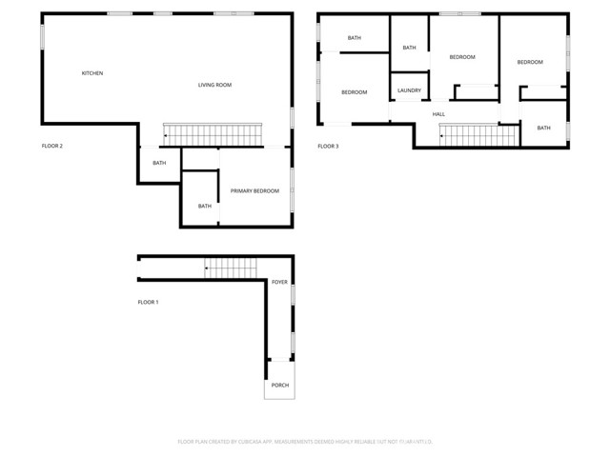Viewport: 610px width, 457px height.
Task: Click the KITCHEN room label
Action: click(92, 73)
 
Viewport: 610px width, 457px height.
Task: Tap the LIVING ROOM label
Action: click(214, 85)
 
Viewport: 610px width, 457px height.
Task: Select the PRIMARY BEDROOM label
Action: click(254, 190)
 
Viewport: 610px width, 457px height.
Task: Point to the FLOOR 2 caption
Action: click(51, 146)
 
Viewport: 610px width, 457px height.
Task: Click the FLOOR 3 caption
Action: click(328, 146)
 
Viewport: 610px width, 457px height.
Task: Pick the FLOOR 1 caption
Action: click(148, 302)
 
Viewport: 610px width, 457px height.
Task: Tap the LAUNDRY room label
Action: click(409, 90)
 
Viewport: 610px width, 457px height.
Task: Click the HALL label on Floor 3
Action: click(438, 114)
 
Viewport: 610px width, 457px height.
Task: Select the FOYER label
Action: click(279, 282)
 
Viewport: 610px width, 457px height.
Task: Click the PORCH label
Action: click(279, 385)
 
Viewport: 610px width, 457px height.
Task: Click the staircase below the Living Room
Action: click(212, 134)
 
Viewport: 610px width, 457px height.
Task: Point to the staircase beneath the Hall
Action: click(477, 136)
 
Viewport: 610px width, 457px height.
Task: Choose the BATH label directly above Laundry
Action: click(409, 48)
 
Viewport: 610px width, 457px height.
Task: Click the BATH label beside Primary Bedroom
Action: click(205, 206)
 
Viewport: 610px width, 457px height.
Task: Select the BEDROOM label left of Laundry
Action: click(355, 92)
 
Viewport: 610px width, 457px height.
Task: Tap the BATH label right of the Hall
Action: click(543, 128)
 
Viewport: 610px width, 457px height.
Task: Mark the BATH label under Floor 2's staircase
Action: click(159, 163)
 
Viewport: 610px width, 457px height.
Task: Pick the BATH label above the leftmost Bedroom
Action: click(355, 38)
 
